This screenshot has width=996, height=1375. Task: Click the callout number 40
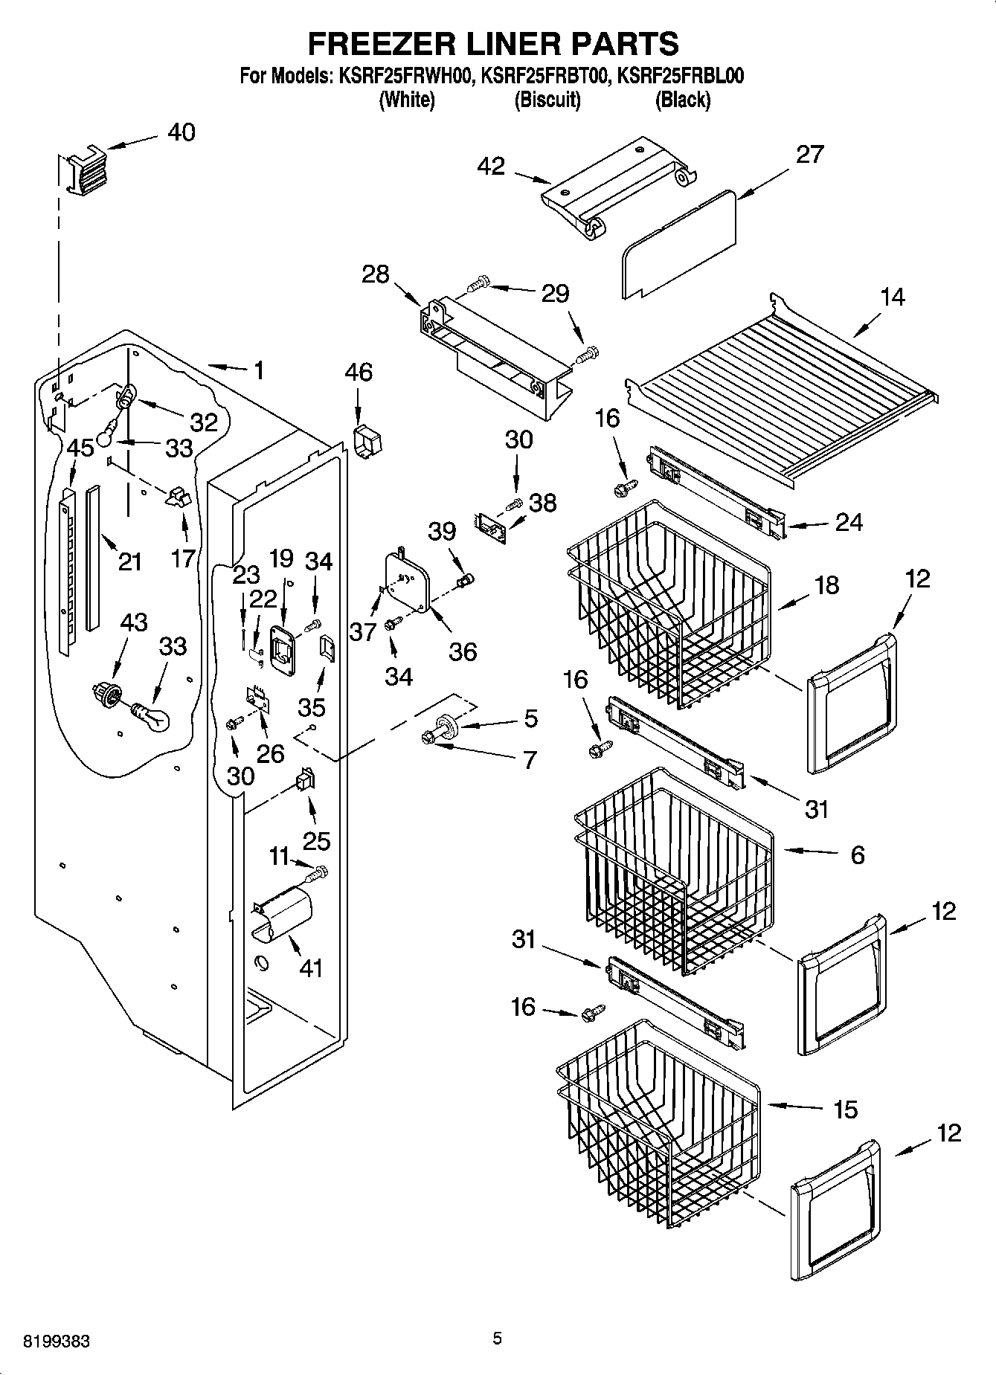(181, 132)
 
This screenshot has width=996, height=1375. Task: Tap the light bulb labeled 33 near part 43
(152, 717)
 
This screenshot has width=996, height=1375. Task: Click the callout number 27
(809, 154)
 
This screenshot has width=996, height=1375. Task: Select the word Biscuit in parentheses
(547, 100)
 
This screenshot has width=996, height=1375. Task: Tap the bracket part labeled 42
(617, 186)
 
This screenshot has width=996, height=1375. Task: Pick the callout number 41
(310, 967)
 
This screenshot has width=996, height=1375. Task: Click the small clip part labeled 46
(367, 442)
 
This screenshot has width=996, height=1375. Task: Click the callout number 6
(857, 855)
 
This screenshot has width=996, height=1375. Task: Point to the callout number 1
(258, 370)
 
